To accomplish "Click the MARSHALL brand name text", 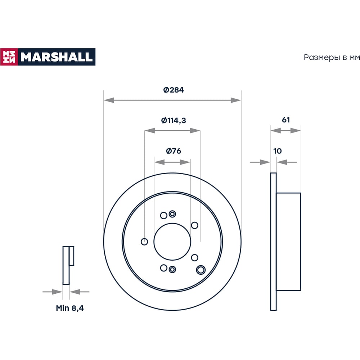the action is click(x=57, y=57).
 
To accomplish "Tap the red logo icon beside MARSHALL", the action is click(x=9, y=57).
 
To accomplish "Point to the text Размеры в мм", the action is click(x=332, y=57).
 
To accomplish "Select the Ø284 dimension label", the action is click(x=174, y=90).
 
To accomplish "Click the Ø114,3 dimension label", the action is click(x=174, y=120).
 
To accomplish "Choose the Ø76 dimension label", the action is click(x=174, y=151).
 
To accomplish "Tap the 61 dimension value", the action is click(x=285, y=120).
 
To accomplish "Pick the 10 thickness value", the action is click(x=277, y=151).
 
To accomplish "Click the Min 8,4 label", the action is click(x=70, y=308).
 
